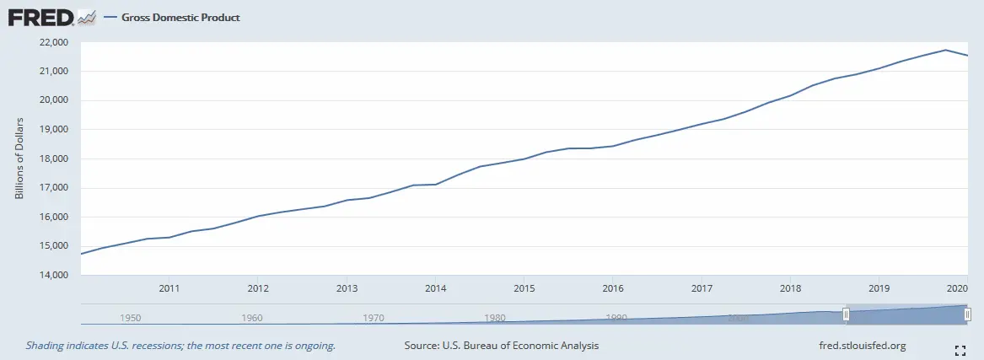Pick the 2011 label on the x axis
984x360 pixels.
coord(169,288)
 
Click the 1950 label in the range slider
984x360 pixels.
coord(131,318)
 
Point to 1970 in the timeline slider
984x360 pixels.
coord(374,318)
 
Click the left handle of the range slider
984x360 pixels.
coord(846,314)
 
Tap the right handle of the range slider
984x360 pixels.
coord(968,314)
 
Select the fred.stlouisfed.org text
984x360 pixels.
coord(863,346)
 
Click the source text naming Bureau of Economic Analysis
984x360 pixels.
coord(502,346)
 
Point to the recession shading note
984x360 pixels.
coord(180,346)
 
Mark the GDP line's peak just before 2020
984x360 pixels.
coord(946,50)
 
